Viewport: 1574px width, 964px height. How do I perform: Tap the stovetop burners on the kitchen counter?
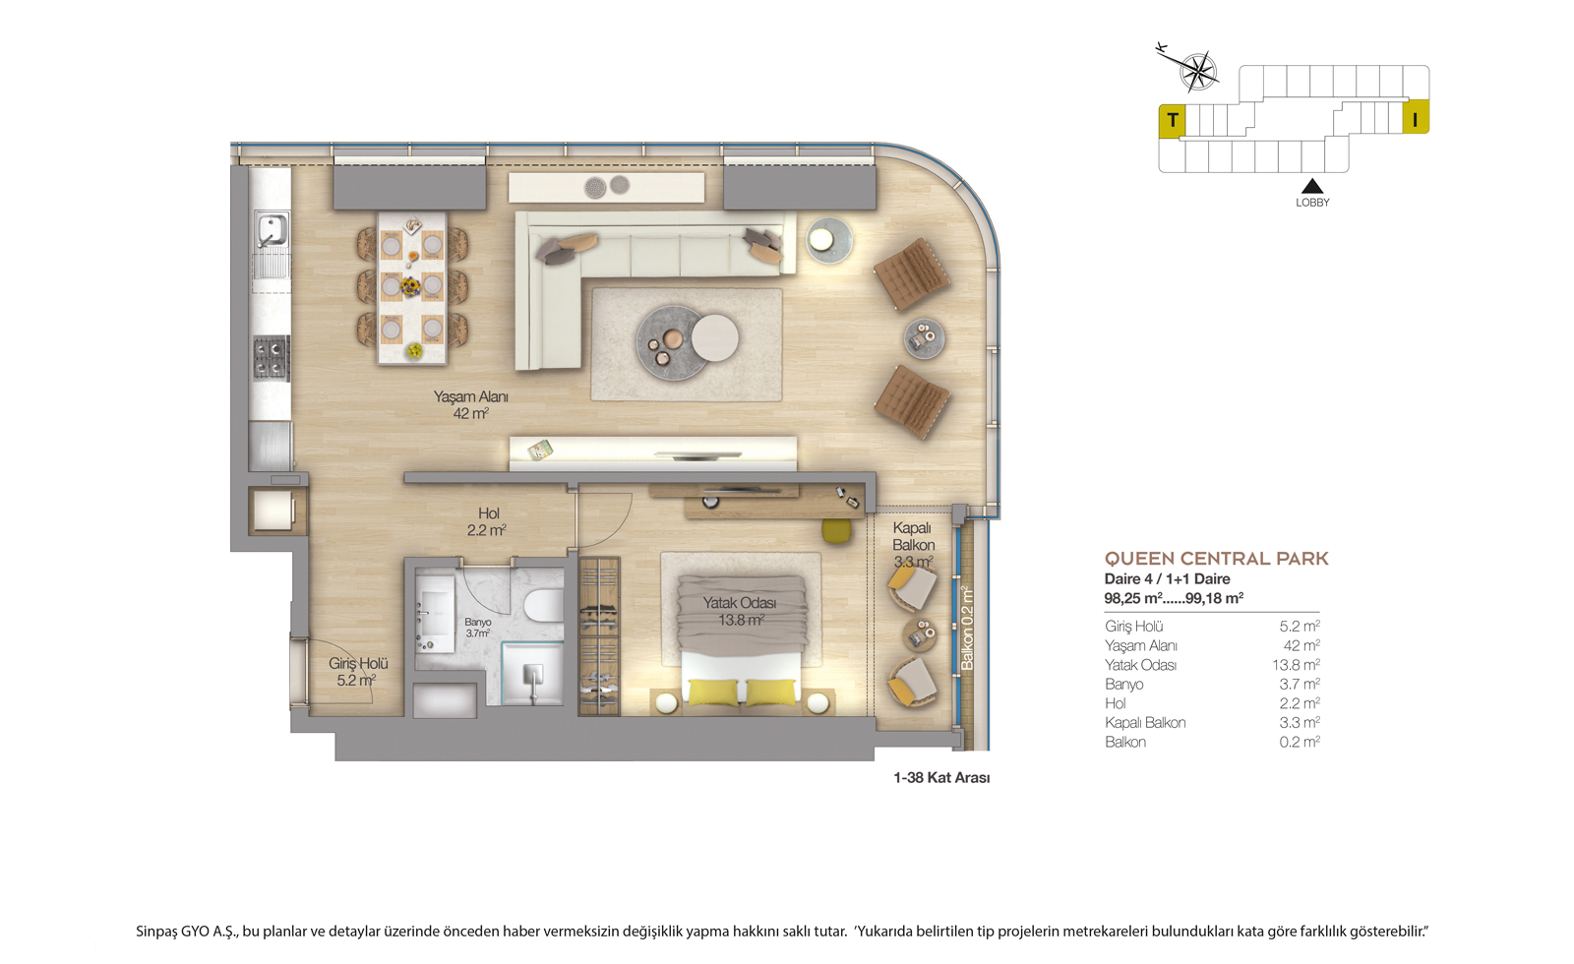click(272, 358)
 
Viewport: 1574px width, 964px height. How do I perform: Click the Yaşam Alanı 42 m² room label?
click(471, 405)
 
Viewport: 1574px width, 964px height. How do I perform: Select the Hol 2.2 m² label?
click(487, 522)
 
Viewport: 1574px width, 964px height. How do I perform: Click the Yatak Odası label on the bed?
click(740, 603)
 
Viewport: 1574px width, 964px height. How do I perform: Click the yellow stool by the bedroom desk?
click(836, 530)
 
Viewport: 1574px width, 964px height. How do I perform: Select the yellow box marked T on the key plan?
click(1172, 121)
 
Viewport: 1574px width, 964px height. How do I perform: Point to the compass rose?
click(1198, 71)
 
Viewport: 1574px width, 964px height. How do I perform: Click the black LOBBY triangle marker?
click(1312, 186)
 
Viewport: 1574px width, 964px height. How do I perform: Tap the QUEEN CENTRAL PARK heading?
click(1216, 559)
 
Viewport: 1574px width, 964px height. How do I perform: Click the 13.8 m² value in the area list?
click(1296, 665)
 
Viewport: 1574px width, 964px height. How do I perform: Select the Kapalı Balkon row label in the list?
click(1145, 722)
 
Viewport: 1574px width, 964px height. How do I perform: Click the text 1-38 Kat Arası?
click(941, 778)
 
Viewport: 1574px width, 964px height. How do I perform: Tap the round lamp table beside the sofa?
click(828, 240)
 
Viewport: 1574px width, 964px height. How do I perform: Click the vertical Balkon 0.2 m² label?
click(967, 628)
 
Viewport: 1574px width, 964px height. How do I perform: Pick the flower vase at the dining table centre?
click(410, 286)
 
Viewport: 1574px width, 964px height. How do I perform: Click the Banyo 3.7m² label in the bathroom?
click(478, 628)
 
